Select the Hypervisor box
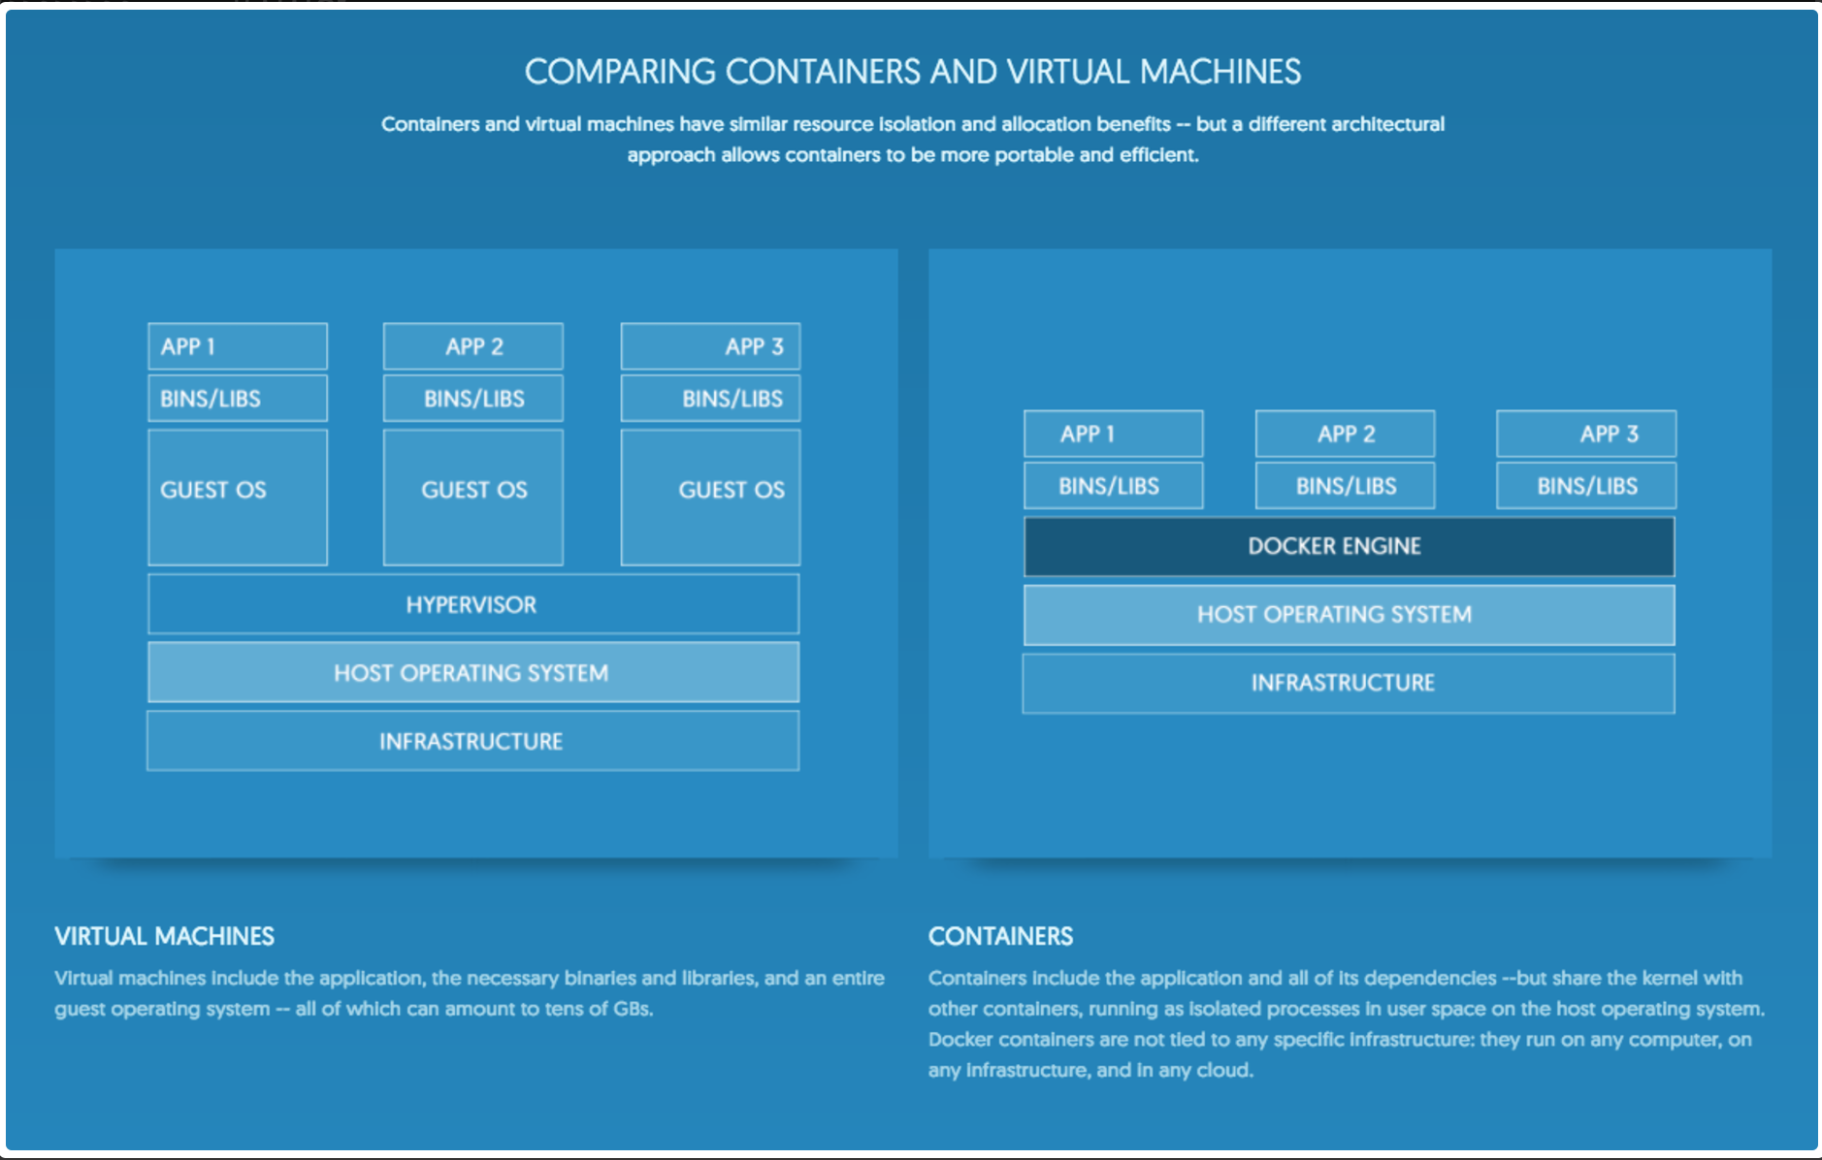tap(473, 604)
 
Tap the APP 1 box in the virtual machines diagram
tap(238, 346)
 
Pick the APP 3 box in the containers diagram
tap(1585, 434)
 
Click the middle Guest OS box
tap(473, 497)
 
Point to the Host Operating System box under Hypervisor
tap(473, 672)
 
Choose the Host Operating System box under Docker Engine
tap(1349, 615)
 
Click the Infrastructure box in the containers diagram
tap(1349, 683)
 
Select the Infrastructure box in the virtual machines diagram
tap(473, 741)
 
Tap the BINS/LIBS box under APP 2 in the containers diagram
tap(1345, 486)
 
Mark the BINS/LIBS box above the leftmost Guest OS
tap(238, 399)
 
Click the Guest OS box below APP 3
tap(710, 497)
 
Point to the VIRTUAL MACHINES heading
tap(164, 936)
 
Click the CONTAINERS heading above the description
tap(1000, 936)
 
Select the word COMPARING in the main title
tap(620, 72)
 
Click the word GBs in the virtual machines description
tap(632, 1009)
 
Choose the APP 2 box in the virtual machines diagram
tap(473, 346)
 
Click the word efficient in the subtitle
tap(1158, 155)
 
